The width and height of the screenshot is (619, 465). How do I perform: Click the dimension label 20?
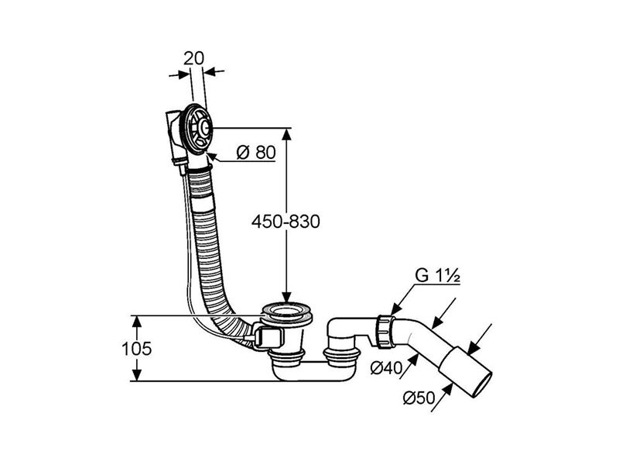pos(194,59)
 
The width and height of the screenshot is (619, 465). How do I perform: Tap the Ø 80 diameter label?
pos(256,152)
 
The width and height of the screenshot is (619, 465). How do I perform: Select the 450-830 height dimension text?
pos(286,222)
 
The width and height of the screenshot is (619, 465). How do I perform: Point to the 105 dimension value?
pos(136,349)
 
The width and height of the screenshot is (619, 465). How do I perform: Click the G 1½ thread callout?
pos(437,275)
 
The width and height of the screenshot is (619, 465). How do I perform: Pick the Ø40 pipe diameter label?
pos(385,368)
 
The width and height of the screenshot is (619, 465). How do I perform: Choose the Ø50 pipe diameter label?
pos(419,398)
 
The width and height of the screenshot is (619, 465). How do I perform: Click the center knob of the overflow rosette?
pos(204,127)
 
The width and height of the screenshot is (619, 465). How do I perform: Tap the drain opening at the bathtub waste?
pos(287,310)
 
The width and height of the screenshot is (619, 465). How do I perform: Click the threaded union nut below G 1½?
pos(385,332)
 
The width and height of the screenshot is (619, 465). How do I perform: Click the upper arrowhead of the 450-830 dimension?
pos(287,134)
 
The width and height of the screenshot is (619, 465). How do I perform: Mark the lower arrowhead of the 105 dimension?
pos(136,375)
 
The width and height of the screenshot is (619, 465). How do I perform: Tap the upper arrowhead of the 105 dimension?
pos(136,322)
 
